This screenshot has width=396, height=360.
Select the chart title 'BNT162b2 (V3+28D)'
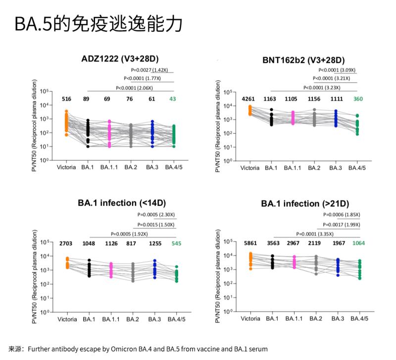point(303,60)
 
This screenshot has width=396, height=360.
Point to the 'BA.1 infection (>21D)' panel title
point(305,203)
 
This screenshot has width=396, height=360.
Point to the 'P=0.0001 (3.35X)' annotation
point(315,234)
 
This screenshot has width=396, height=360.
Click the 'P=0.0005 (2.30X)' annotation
point(155,215)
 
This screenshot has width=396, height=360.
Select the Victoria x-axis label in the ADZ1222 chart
point(66,167)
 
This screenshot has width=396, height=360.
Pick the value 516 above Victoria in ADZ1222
point(66,99)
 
